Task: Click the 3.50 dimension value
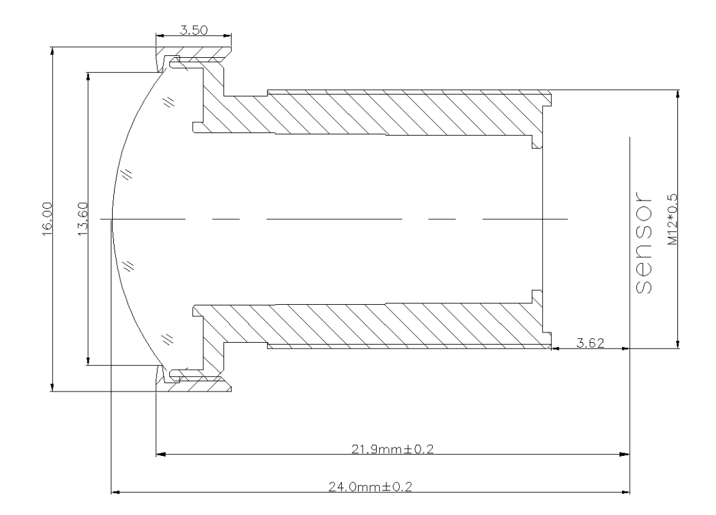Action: (194, 30)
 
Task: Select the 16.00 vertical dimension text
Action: (48, 219)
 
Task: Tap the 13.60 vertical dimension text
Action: (82, 219)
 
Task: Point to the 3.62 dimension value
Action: (590, 343)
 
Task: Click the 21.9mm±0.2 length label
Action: (392, 449)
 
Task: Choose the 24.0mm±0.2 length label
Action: (370, 487)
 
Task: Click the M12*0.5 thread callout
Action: (672, 219)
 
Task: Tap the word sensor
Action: (643, 242)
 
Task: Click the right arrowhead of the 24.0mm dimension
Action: (625, 492)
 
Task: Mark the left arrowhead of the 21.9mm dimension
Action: (161, 455)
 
